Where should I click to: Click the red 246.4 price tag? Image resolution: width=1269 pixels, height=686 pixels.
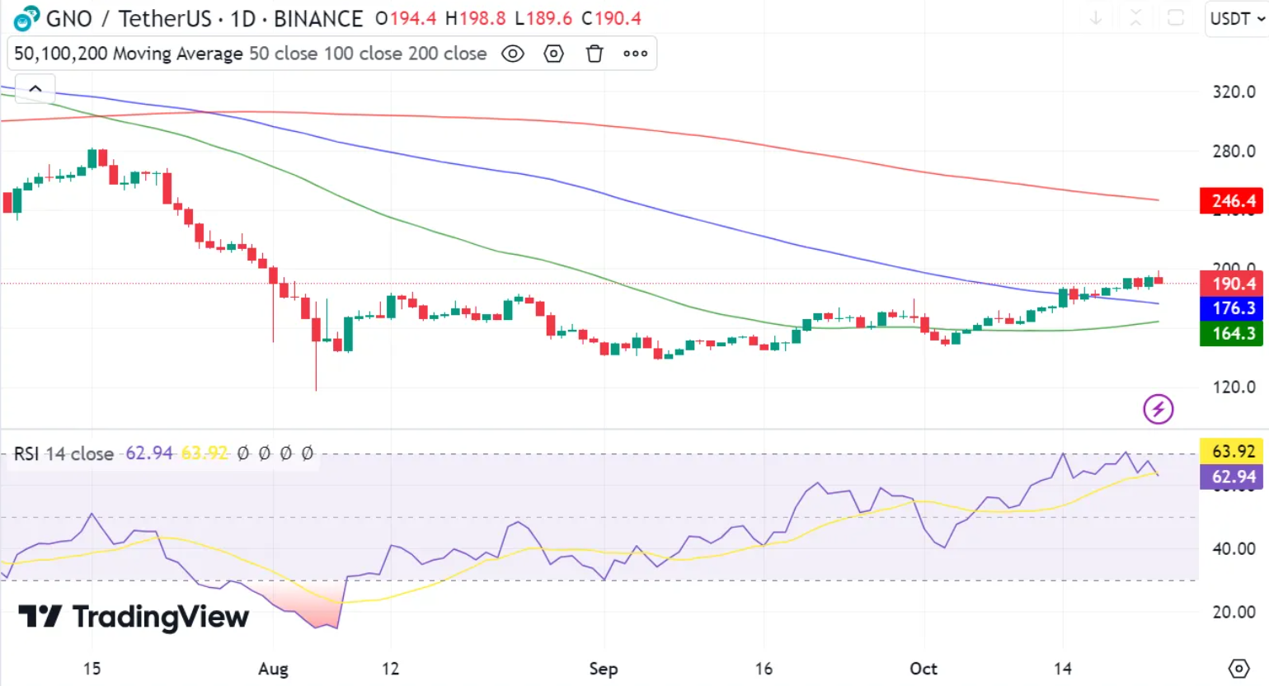click(x=1231, y=200)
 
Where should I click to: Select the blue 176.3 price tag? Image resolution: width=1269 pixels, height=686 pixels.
click(x=1231, y=308)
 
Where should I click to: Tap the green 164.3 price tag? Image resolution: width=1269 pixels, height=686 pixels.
click(x=1231, y=333)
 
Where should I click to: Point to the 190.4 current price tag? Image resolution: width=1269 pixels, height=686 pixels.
click(x=1231, y=284)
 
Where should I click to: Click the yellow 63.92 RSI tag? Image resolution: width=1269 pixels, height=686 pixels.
click(x=1231, y=451)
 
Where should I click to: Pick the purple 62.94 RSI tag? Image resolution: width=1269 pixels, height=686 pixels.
click(x=1231, y=477)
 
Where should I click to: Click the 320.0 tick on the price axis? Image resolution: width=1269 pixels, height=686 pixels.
click(x=1234, y=92)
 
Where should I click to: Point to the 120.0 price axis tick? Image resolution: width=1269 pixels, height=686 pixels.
click(x=1234, y=387)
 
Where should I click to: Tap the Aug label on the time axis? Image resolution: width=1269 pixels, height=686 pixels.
click(x=273, y=669)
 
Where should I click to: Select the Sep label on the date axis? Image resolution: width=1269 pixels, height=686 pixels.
click(x=604, y=669)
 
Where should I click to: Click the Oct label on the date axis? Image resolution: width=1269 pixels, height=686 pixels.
click(x=924, y=669)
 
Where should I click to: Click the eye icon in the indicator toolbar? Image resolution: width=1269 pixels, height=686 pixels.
click(x=513, y=54)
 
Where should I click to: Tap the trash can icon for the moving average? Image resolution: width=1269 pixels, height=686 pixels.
click(x=595, y=54)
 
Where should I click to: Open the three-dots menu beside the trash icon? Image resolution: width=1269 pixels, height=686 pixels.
click(x=635, y=54)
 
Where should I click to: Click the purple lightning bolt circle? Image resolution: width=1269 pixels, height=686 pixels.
click(x=1158, y=409)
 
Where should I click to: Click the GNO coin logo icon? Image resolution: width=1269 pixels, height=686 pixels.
click(x=26, y=18)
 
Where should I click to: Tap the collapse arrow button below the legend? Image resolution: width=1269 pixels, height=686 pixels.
click(x=35, y=88)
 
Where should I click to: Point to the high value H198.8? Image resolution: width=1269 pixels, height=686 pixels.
click(x=475, y=18)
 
